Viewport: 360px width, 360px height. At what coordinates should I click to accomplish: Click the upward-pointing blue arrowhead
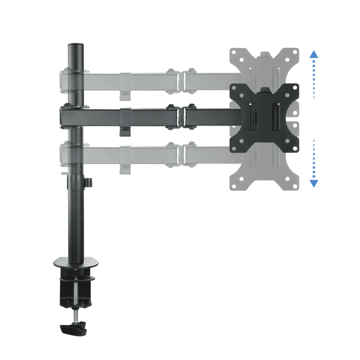[x=314, y=54]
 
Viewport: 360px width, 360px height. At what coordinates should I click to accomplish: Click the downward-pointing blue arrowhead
[x=314, y=183]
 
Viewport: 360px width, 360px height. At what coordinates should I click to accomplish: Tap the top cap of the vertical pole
[x=75, y=46]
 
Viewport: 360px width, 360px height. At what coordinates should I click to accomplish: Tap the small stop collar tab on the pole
[x=88, y=182]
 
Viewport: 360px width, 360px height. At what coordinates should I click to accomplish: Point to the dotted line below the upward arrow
[x=314, y=78]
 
